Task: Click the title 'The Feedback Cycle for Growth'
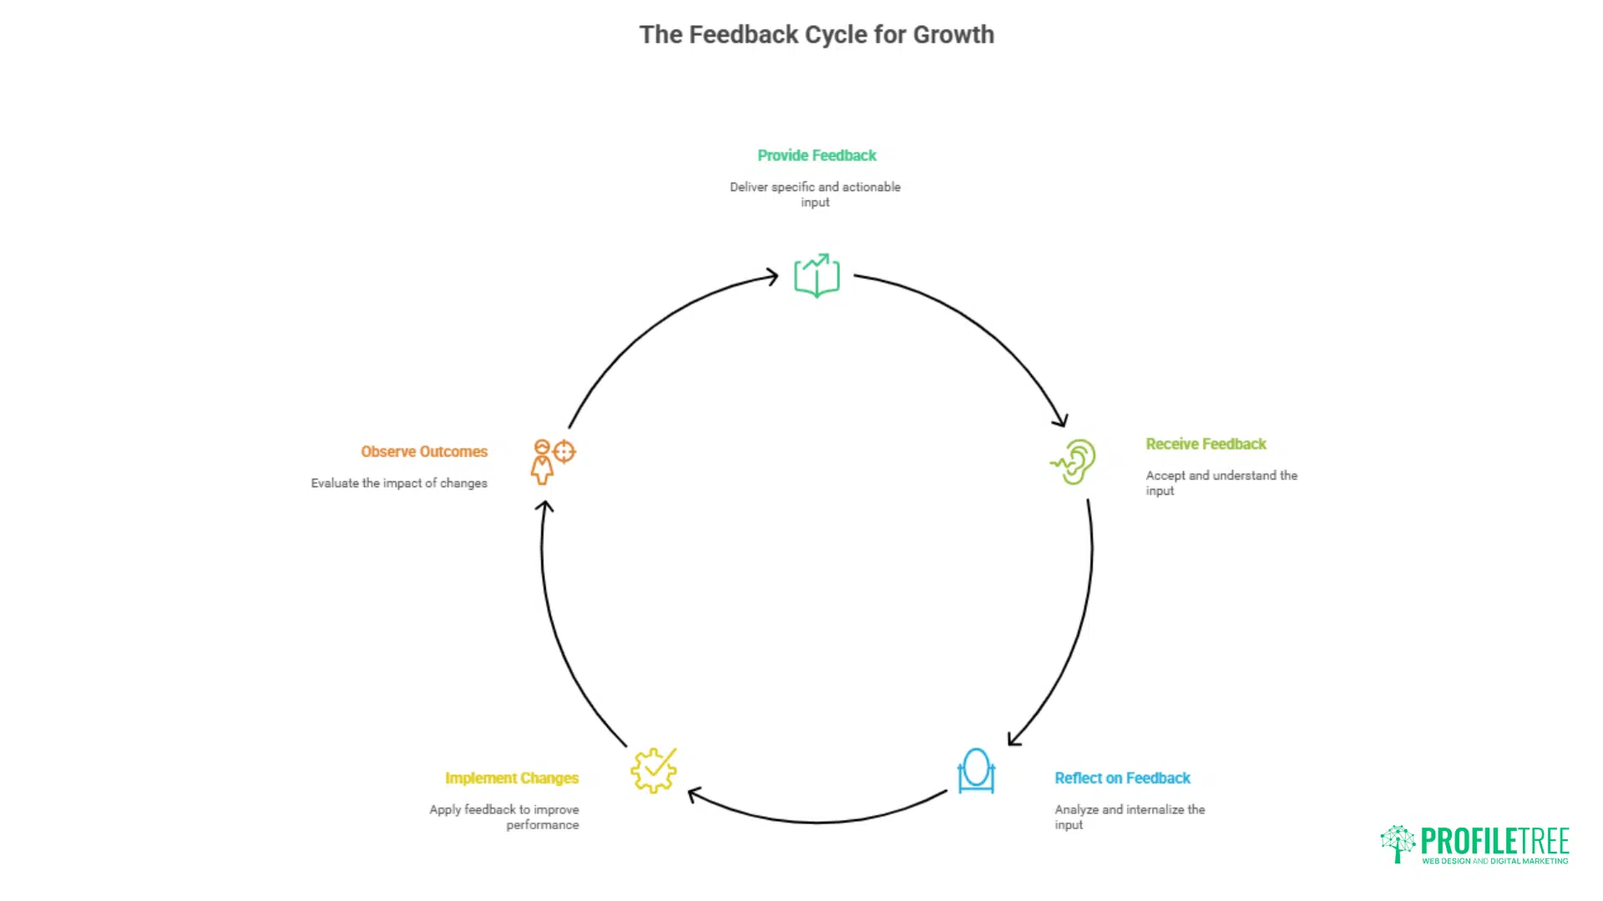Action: (x=817, y=35)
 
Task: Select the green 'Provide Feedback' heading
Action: (x=817, y=155)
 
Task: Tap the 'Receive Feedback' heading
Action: (x=1206, y=444)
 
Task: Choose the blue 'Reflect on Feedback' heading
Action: (x=1122, y=778)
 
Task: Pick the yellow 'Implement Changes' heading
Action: (x=512, y=778)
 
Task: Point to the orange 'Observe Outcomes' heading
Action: (x=424, y=451)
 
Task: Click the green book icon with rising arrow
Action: (x=817, y=275)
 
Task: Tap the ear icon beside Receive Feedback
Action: (x=1074, y=461)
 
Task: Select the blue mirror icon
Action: (x=976, y=770)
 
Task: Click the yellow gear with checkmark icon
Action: (x=654, y=770)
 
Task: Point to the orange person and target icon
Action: (x=553, y=461)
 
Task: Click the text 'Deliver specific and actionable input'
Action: (x=816, y=194)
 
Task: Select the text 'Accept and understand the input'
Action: (x=1221, y=483)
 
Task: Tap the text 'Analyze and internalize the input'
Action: (x=1130, y=817)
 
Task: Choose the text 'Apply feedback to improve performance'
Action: (x=504, y=817)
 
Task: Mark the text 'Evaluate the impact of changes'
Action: (x=399, y=483)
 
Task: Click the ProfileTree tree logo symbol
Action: (x=1398, y=844)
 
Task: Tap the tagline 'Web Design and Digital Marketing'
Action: (x=1495, y=861)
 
